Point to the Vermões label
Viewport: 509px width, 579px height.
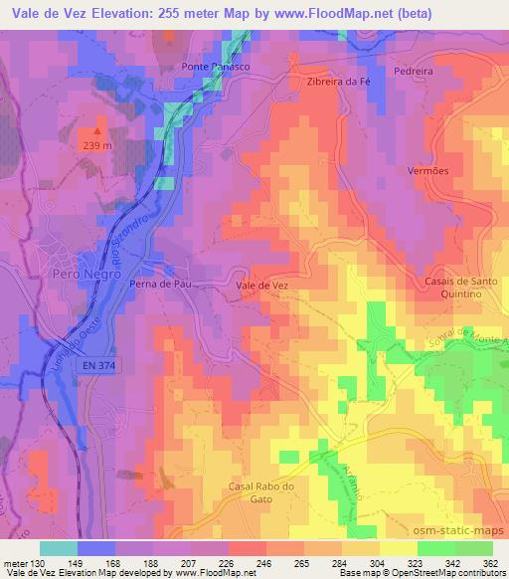428,170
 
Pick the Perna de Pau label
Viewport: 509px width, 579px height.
159,283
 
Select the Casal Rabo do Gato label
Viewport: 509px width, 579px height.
262,491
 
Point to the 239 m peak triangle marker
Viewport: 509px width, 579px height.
97,129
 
